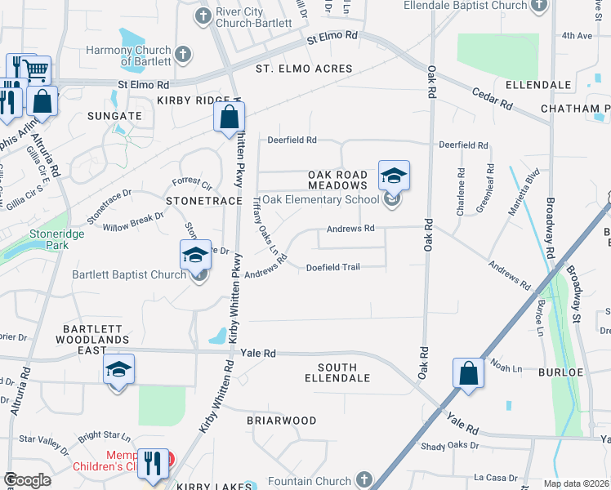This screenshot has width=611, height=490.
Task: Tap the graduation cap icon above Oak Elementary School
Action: [x=394, y=176]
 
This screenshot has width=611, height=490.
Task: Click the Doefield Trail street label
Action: [x=332, y=267]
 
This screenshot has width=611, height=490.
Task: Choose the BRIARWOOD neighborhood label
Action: [x=282, y=420]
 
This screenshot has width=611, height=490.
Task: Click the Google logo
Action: [x=27, y=480]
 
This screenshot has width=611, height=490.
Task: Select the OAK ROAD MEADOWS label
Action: [x=337, y=180]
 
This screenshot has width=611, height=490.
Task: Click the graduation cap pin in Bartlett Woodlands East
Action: [x=118, y=372]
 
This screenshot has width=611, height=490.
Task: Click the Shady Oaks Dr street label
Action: [x=450, y=445]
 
